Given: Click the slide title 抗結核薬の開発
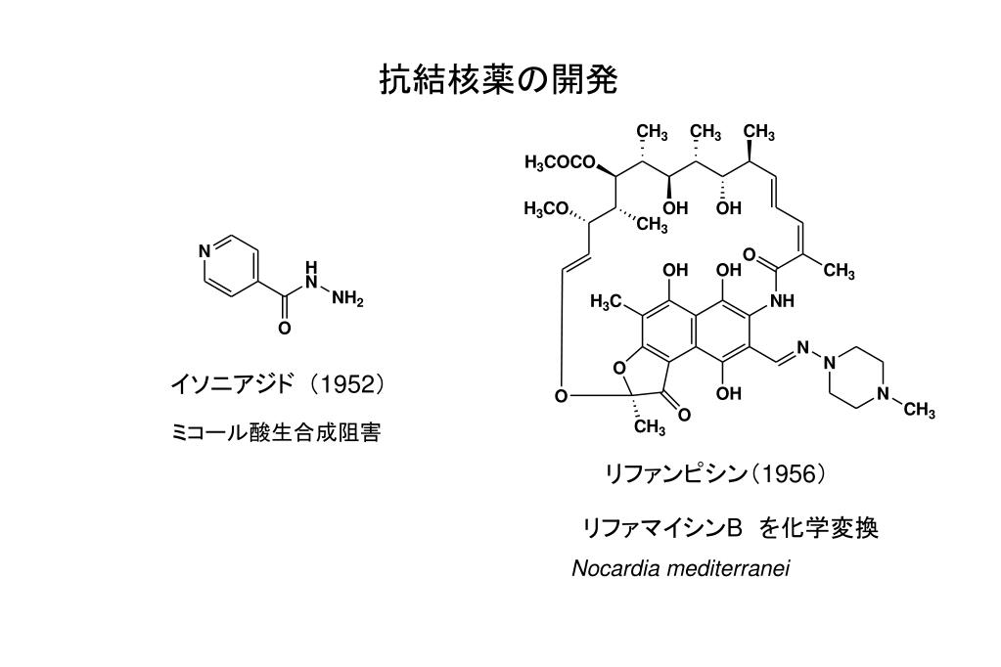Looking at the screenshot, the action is click(x=499, y=80).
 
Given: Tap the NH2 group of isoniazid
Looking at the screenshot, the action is click(x=347, y=297).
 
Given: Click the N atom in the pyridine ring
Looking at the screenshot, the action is click(x=205, y=250).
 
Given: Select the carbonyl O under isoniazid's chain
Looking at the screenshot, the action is click(x=284, y=328).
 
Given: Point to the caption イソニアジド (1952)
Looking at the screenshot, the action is click(x=278, y=384).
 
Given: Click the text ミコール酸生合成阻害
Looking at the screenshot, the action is click(x=276, y=432).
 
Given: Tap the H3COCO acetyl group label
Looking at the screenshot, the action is click(x=560, y=162).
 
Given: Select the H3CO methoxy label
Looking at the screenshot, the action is click(x=546, y=208).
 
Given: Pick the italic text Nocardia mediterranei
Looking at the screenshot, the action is click(x=680, y=568).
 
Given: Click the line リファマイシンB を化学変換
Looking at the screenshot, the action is click(x=730, y=528).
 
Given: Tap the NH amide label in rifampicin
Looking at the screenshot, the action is click(x=782, y=300).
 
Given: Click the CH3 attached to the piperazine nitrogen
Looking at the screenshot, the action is click(x=919, y=409).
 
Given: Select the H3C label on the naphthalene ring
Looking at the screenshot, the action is click(x=606, y=301).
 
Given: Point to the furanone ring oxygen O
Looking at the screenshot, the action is click(x=617, y=368).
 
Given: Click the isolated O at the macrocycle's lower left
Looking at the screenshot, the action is click(x=561, y=396).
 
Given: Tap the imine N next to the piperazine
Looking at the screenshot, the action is click(x=802, y=348).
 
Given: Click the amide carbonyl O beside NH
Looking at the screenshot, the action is click(x=750, y=256).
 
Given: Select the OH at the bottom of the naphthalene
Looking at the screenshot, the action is click(x=728, y=393).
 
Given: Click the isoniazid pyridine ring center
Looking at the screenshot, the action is click(x=231, y=266).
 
